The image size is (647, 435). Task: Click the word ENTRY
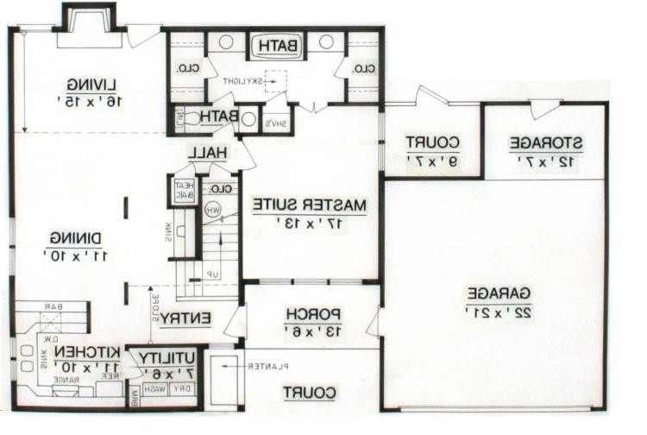pos(185,318)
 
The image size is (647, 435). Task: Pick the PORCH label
pos(305,312)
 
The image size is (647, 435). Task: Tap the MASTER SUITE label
pos(310,205)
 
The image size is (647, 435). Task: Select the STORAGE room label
pos(545,142)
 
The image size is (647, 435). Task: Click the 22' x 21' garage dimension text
pos(499,310)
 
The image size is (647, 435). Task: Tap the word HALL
pos(208,152)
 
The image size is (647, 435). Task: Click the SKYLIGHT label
pos(243,80)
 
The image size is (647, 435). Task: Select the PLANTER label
pos(267,367)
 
